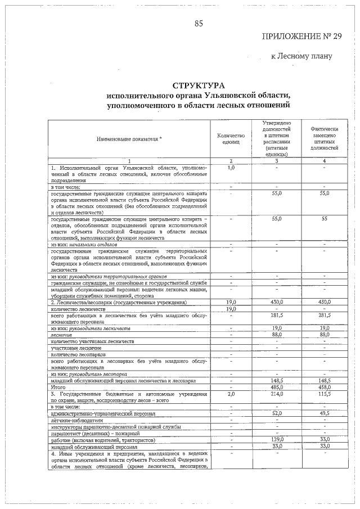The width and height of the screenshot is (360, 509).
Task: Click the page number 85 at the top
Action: pos(199,23)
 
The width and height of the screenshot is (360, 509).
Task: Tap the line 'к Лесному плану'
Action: pos(301,56)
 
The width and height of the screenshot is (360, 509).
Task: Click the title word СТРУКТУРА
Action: pos(199,85)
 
